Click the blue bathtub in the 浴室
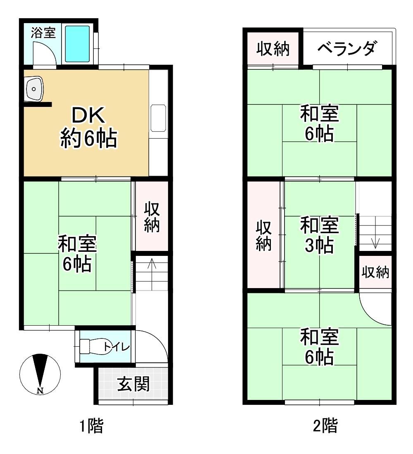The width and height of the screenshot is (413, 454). click(x=77, y=44)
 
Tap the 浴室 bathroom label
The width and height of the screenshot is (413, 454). click(x=43, y=33)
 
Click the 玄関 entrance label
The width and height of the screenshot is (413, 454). click(x=133, y=384)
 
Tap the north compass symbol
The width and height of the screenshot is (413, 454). click(x=40, y=374)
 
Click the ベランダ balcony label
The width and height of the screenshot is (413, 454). click(x=347, y=48)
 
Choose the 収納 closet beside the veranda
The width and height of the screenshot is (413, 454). click(x=273, y=49)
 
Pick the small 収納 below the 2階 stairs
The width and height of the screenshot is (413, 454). click(x=375, y=272)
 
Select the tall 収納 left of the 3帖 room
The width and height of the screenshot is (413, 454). click(x=263, y=235)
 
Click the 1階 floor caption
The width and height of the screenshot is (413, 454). click(x=91, y=426)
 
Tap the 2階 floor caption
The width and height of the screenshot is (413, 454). click(x=325, y=426)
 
